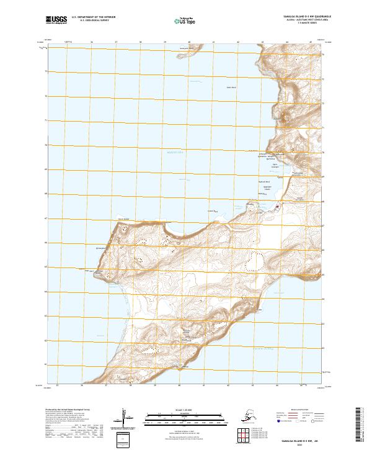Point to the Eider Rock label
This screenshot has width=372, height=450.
tap(231, 88)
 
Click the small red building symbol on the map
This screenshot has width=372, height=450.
tap(277, 207)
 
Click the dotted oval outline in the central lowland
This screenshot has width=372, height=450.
tap(255, 260)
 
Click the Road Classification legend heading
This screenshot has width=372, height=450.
tap(297, 410)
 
